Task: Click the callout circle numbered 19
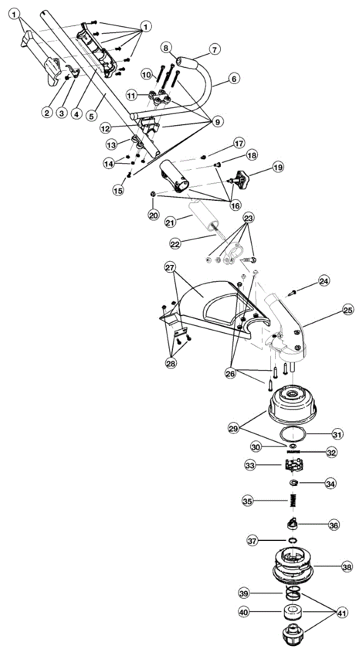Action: tap(277, 168)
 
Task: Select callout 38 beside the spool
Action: tap(346, 566)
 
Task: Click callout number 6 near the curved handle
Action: tap(234, 79)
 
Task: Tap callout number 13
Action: tap(111, 145)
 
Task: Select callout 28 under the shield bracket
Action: tap(171, 363)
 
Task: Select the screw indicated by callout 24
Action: tap(291, 293)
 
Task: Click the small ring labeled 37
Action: tap(293, 540)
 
